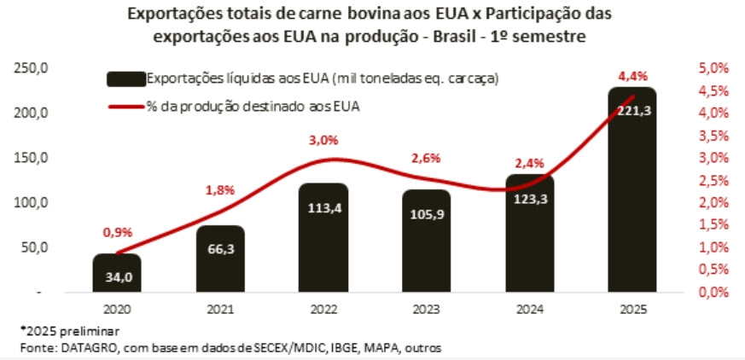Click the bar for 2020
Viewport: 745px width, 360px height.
117,273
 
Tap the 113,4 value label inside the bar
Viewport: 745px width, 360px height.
323,209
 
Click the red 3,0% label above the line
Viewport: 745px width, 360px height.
323,141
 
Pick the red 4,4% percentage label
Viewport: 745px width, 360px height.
632,76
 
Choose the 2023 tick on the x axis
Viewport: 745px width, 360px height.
427,309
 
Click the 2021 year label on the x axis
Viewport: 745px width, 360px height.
220,309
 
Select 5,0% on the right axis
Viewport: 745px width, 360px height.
713,67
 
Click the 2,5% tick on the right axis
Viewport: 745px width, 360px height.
713,180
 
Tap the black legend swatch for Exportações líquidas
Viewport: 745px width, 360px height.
125,78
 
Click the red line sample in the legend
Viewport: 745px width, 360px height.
125,107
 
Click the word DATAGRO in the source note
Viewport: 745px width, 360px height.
82,347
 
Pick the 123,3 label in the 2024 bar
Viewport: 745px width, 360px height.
530,198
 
